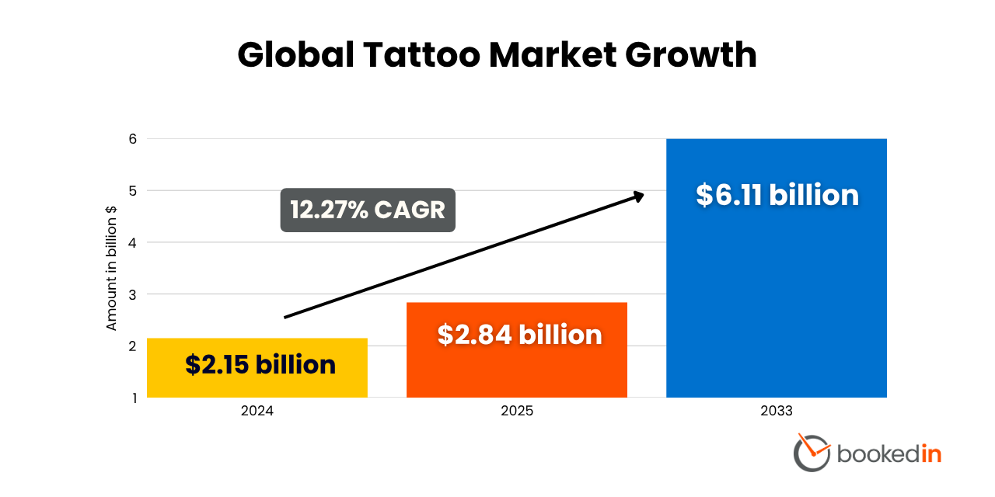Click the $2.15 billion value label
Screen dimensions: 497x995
[260, 364]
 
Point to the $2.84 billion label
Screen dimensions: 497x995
[519, 334]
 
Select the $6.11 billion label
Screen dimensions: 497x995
[777, 194]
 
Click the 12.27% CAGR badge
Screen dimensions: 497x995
[368, 210]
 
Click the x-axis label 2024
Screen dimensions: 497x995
[257, 411]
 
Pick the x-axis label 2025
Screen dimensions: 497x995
[517, 411]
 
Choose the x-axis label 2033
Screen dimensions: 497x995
[776, 411]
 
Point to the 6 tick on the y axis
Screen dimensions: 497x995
[132, 139]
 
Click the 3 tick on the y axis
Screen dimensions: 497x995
[132, 294]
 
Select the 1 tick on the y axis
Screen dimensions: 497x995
[132, 398]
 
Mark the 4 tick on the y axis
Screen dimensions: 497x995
[132, 242]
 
